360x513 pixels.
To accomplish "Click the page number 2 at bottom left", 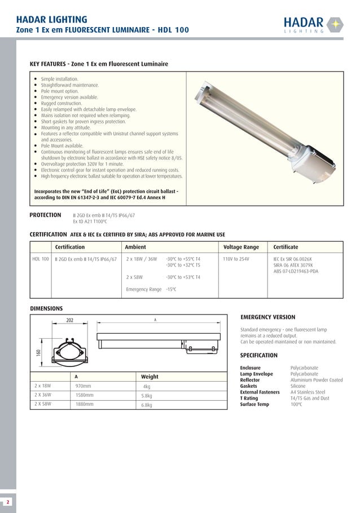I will pyautogui.click(x=8, y=501).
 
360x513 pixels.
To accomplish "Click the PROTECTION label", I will pyautogui.click(x=45, y=215).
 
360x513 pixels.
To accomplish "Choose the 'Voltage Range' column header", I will pyautogui.click(x=241, y=247).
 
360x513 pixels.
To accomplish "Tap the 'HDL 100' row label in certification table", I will pyautogui.click(x=40, y=259).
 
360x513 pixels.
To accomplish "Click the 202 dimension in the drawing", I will pyautogui.click(x=70, y=320).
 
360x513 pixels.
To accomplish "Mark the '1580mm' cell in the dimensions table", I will pyautogui.click(x=85, y=395).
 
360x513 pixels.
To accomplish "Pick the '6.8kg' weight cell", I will pyautogui.click(x=147, y=405).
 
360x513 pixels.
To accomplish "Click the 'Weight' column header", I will pyautogui.click(x=150, y=377).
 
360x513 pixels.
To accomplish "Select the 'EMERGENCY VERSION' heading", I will pyautogui.click(x=267, y=317).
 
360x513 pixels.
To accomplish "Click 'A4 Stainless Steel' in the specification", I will pyautogui.click(x=308, y=392).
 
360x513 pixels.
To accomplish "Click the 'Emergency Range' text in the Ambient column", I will pyautogui.click(x=143, y=289).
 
